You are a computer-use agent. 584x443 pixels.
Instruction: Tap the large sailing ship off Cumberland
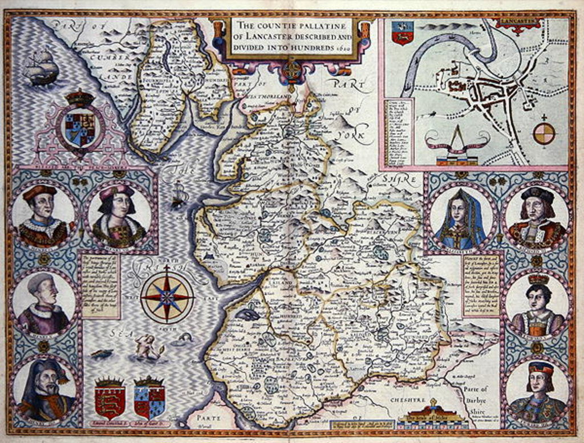(x=42, y=67)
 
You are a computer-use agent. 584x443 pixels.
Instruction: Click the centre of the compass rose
(x=167, y=296)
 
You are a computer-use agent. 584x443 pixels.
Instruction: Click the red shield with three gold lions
(x=109, y=397)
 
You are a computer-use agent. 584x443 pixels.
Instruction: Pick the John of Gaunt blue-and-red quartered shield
(x=149, y=397)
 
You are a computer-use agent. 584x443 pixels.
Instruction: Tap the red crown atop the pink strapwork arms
(x=80, y=97)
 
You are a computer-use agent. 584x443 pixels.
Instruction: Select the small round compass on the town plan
(x=544, y=133)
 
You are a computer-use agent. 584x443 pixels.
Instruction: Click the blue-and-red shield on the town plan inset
(x=403, y=32)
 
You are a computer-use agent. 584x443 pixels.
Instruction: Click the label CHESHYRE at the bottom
(x=405, y=401)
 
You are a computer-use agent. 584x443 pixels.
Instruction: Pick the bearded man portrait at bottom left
(x=44, y=390)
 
